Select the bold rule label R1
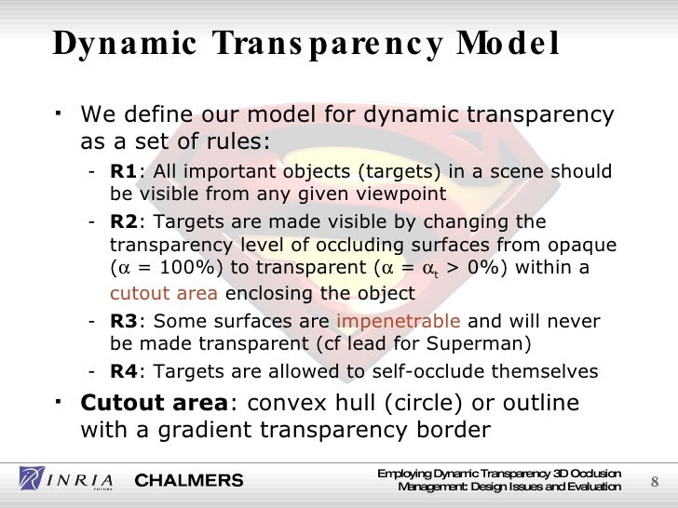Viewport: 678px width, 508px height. coord(123,172)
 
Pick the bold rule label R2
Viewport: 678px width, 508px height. coord(123,222)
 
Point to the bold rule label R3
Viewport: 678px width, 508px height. coord(123,322)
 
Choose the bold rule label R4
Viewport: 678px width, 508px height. coord(123,371)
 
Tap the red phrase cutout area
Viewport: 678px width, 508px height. coord(164,294)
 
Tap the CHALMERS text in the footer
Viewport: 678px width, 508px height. coord(189,480)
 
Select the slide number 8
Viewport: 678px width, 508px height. coord(654,481)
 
